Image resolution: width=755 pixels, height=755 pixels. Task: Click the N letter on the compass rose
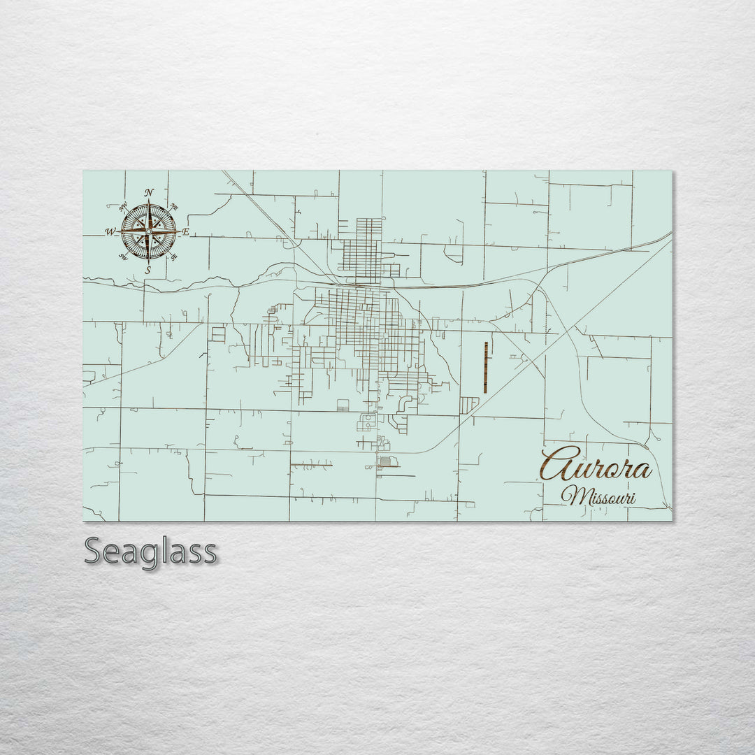point(149,193)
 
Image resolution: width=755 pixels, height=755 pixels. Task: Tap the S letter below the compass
point(148,270)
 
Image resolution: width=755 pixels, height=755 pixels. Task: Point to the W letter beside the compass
point(110,232)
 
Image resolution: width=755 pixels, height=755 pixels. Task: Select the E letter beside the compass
point(186,231)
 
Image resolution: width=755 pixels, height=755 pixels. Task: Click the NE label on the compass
point(175,208)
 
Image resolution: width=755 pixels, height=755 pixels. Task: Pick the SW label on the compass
point(123,257)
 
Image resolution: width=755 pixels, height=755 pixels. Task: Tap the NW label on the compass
point(124,207)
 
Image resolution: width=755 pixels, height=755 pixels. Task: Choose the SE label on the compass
point(173,256)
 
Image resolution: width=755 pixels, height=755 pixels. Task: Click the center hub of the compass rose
point(148,231)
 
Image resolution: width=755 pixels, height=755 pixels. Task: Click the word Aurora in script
point(596,466)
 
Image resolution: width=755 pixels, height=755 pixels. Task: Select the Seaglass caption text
point(150,552)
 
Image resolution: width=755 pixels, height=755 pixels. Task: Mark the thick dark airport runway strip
point(485,367)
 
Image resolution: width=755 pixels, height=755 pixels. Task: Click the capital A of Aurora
point(556,464)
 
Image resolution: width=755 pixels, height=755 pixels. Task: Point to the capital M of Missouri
point(575,496)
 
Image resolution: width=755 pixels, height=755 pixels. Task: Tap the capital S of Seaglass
point(95,552)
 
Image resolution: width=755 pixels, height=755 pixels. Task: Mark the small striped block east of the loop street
point(470,405)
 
